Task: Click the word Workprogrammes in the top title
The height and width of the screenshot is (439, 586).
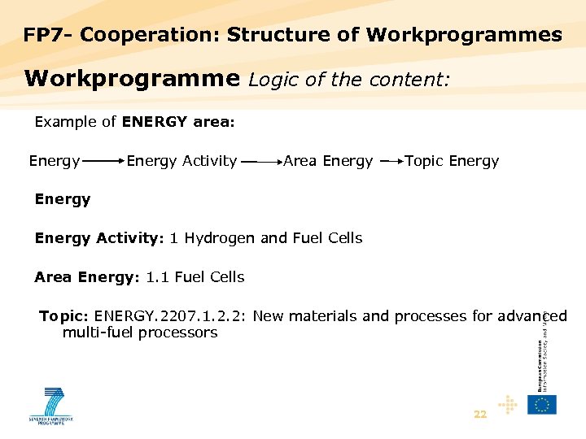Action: pos(464,35)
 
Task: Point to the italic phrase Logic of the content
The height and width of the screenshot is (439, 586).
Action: pos(349,79)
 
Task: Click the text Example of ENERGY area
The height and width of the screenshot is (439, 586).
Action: pos(134,122)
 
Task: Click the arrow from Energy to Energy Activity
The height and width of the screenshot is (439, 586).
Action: pos(103,162)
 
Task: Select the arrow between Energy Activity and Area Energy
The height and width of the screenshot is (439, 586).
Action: pos(260,162)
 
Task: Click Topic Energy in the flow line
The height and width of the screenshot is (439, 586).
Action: pos(452,161)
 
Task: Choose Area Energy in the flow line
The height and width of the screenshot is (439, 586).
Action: pos(328,161)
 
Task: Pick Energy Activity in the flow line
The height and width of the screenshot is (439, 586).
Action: pos(181,161)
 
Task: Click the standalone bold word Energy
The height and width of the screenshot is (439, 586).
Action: pos(63,199)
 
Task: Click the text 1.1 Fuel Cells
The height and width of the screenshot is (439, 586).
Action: pos(195,277)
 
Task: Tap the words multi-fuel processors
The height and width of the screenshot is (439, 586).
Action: pos(140,333)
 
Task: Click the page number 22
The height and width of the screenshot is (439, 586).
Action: pos(480,415)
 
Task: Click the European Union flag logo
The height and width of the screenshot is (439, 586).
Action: pos(542,404)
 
